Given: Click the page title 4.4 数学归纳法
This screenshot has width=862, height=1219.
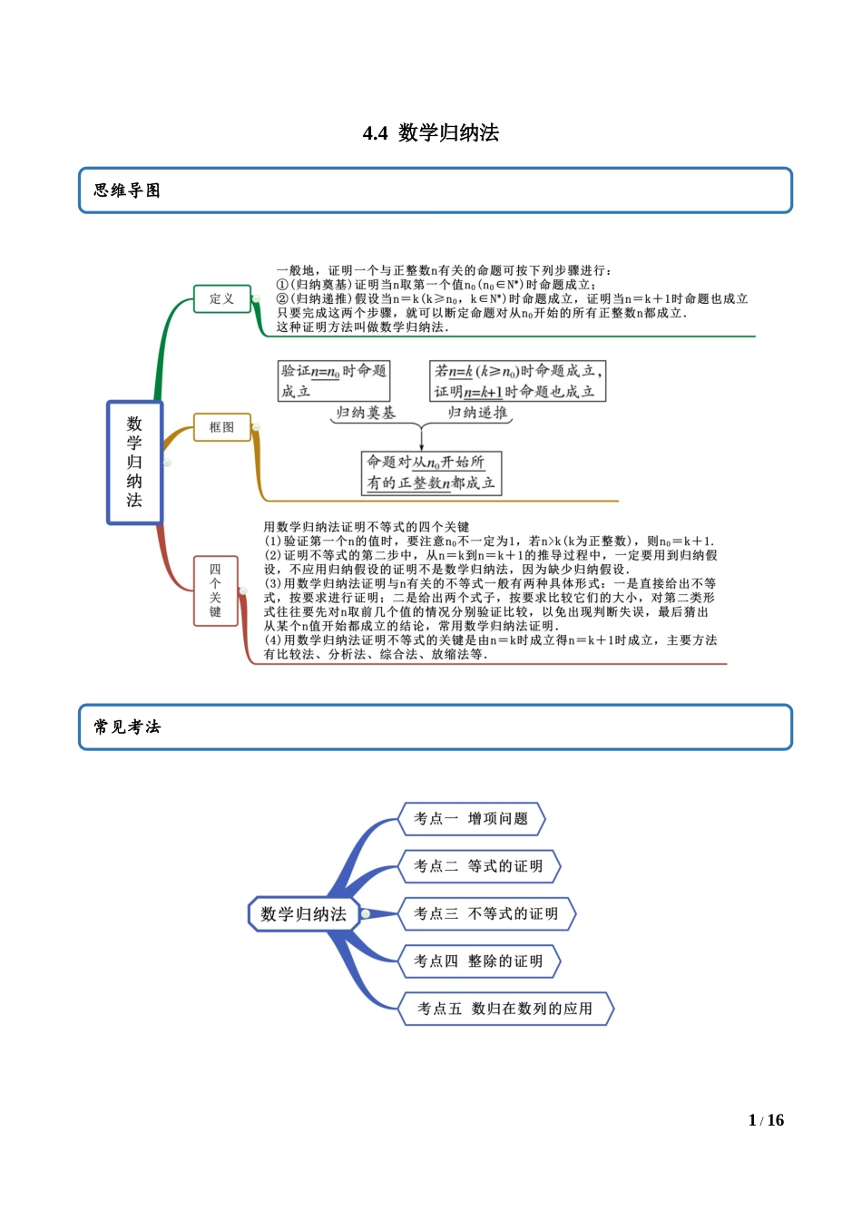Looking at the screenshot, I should (431, 133).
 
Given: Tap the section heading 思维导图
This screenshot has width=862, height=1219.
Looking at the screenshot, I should (127, 190).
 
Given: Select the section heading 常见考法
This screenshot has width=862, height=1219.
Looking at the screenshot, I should (127, 727).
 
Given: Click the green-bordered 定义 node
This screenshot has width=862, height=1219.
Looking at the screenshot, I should (222, 298).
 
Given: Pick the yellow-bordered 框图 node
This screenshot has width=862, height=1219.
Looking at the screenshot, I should (222, 426).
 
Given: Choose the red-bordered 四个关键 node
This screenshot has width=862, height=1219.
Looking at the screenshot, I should (216, 591).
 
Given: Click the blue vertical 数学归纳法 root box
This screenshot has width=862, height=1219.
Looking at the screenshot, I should (134, 462).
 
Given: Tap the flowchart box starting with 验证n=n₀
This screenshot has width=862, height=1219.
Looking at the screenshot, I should (334, 381).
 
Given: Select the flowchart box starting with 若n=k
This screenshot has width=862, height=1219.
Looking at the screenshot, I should (517, 381).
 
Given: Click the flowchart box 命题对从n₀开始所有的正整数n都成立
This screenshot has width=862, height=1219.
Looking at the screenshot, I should (431, 473).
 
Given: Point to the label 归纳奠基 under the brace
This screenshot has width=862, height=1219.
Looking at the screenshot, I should (366, 414).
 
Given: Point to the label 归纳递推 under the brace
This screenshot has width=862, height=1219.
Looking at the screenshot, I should (477, 414).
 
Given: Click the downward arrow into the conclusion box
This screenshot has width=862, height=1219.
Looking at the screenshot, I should (422, 439).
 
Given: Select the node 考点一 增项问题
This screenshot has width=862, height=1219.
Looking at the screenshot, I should (471, 818).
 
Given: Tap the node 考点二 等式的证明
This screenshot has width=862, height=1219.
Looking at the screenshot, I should (478, 866).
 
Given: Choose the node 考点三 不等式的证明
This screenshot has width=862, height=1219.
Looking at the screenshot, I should (486, 913).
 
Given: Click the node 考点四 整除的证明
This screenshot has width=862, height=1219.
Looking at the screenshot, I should (478, 961).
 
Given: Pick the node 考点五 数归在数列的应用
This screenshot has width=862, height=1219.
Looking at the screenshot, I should (505, 1009).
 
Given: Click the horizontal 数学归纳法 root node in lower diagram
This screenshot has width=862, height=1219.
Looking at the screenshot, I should (303, 914).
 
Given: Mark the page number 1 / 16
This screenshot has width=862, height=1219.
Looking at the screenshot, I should (766, 1120).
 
